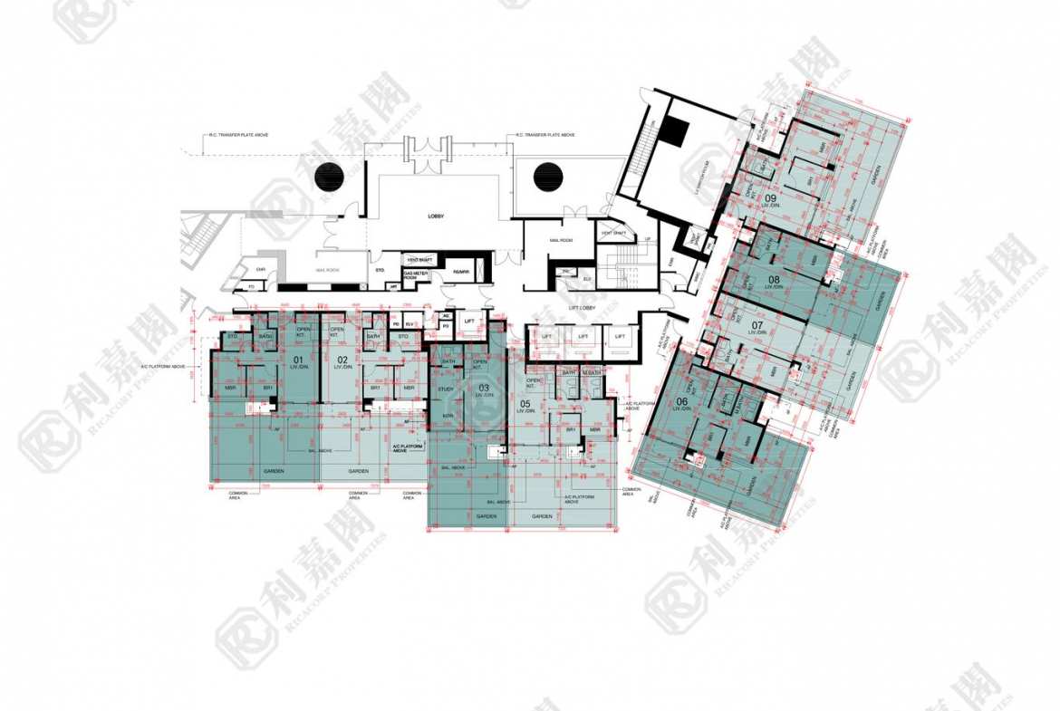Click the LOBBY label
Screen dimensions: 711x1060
click(440, 217)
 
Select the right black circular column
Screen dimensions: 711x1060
click(547, 176)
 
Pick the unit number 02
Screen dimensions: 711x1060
click(342, 360)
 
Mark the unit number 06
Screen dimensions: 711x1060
click(681, 401)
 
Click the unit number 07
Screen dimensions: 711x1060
click(757, 324)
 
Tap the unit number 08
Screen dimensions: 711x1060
click(773, 280)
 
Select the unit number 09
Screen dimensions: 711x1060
click(770, 197)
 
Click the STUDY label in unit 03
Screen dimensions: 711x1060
click(445, 389)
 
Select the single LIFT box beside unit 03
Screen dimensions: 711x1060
click(469, 322)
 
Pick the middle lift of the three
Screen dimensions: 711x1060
click(583, 337)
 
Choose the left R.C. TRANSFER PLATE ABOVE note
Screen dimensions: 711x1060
click(238, 135)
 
